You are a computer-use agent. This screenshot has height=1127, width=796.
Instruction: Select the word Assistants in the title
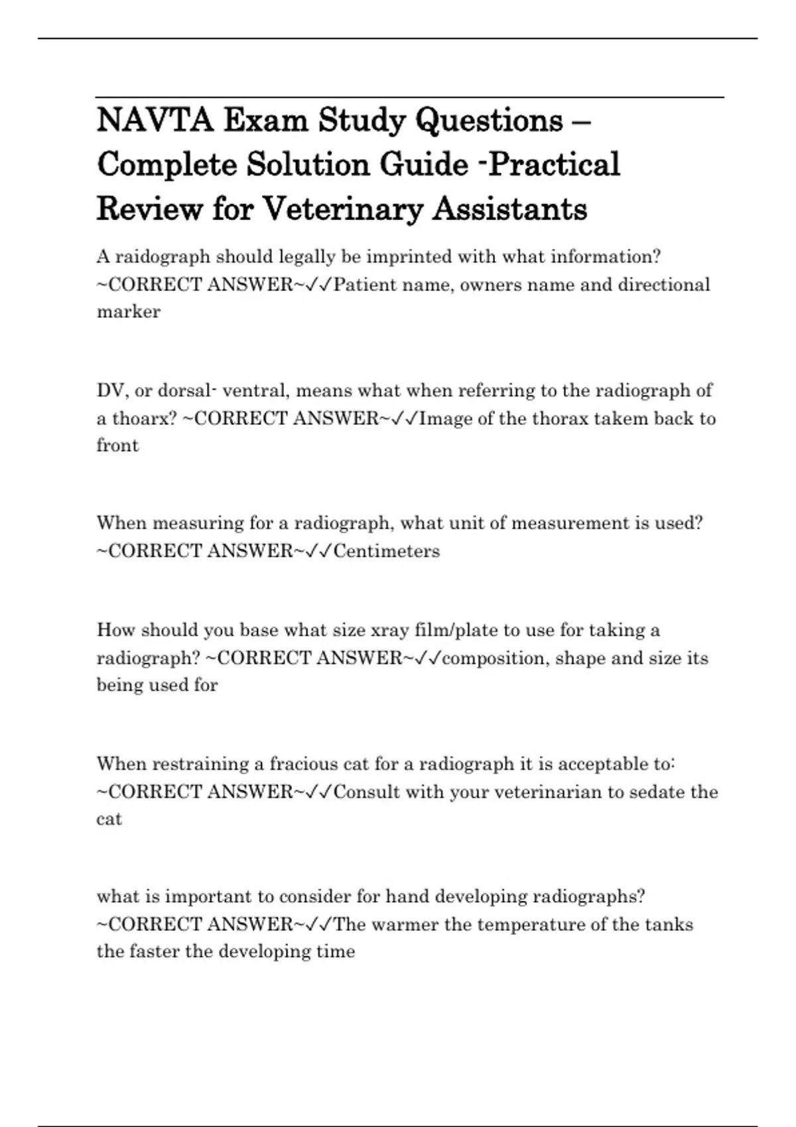510,209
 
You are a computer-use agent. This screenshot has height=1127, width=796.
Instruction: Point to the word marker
129,312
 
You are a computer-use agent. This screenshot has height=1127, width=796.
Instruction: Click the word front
117,445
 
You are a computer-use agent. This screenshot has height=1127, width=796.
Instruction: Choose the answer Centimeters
387,552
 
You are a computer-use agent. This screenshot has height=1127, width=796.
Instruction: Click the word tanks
668,925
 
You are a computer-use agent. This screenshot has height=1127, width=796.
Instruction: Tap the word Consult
367,792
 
